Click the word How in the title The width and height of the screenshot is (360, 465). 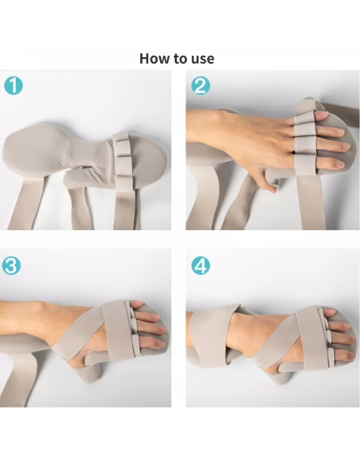(154, 58)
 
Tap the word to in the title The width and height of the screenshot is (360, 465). (179, 58)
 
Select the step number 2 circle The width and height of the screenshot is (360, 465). (201, 85)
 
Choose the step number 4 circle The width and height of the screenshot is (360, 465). (201, 265)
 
